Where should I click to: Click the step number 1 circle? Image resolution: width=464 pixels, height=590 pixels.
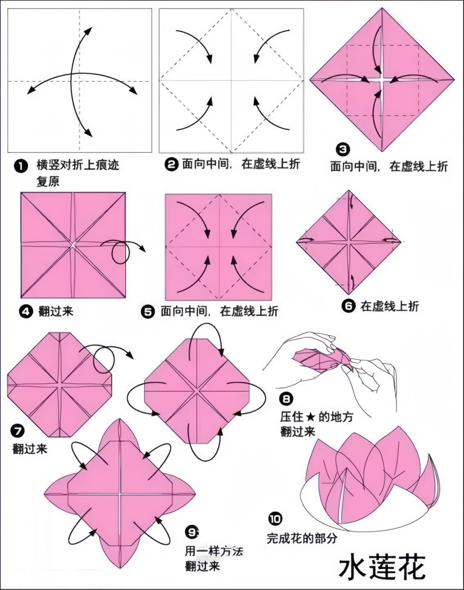click(21, 167)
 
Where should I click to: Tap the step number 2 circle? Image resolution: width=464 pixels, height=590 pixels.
click(171, 164)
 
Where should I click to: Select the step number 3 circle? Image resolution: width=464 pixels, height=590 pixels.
click(343, 149)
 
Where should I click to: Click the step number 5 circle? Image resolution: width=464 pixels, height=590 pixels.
click(148, 312)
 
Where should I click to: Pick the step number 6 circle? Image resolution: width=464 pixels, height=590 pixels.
click(348, 306)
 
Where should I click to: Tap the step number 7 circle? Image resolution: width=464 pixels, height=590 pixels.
click(17, 431)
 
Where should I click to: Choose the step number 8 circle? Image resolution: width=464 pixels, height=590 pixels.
click(286, 398)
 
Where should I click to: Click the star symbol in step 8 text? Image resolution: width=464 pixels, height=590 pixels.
click(311, 417)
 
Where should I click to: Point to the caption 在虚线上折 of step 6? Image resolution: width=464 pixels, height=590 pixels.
click(390, 306)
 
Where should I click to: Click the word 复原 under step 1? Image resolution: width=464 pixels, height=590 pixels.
click(48, 181)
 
